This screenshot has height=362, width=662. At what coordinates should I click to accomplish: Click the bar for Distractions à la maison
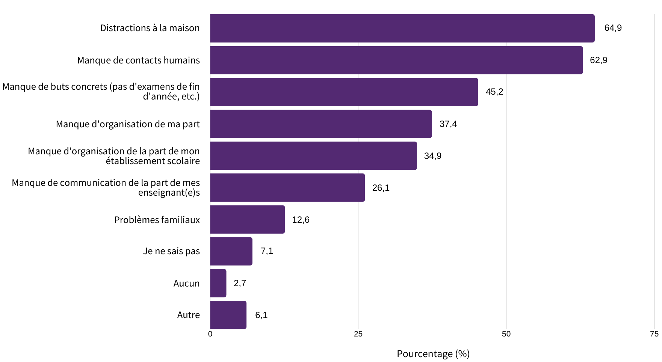pos(402,28)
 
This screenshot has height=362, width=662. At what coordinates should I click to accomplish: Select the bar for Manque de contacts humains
pos(396,60)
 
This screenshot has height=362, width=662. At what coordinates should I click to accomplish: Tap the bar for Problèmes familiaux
pos(247,219)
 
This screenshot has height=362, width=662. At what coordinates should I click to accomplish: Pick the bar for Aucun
pos(218,283)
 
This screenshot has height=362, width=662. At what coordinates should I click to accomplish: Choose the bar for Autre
pos(228,315)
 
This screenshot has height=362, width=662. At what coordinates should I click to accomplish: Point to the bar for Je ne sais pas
pos(231,251)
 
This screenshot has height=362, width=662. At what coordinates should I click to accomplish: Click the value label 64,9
pos(613,28)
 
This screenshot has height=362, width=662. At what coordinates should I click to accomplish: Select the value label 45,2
pos(494,92)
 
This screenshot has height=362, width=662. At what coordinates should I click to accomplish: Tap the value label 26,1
pos(381,188)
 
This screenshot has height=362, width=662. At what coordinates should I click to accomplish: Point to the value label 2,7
pos(240,283)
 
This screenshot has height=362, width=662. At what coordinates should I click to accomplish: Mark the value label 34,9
pos(432,156)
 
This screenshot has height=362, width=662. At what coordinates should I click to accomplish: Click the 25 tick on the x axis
pos(358,334)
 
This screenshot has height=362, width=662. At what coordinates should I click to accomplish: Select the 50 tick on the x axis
pos(506,334)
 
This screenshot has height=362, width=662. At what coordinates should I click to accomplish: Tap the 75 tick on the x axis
pos(654,334)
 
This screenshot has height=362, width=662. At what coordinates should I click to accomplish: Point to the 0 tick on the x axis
pos(210,334)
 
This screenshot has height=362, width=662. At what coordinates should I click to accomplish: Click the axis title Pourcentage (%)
pos(433,354)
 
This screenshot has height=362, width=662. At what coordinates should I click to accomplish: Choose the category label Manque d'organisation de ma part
pos(128,124)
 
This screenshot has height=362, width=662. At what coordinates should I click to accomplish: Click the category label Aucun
pos(186,283)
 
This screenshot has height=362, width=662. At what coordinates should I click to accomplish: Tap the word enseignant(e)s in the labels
pos(169,193)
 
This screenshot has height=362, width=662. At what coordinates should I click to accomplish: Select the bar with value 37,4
pos(321,124)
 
